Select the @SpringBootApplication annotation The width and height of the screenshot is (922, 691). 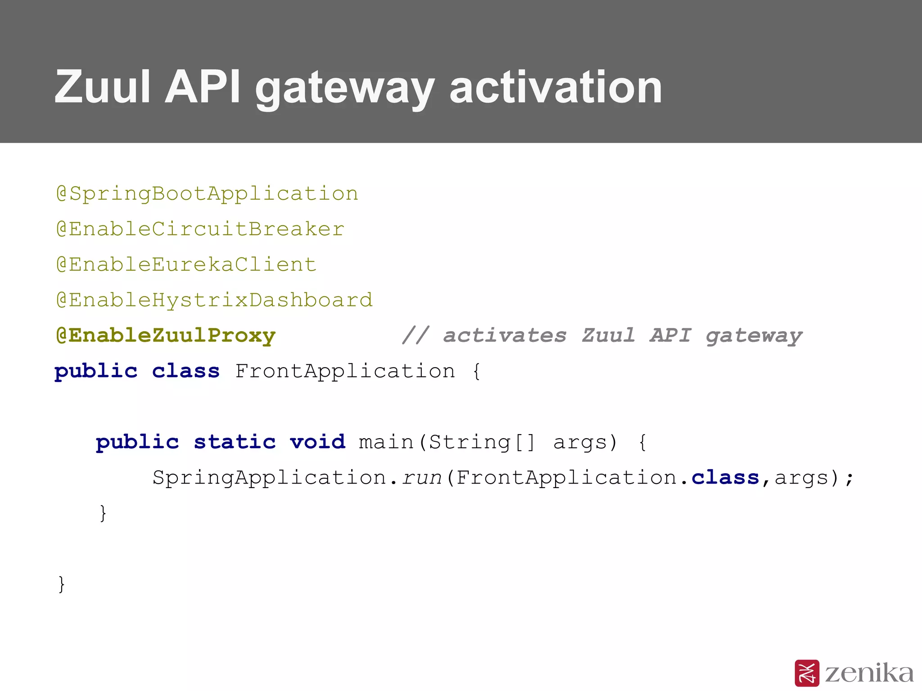pos(207,194)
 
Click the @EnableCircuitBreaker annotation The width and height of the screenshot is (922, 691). pos(200,229)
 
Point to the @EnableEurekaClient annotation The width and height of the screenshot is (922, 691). pos(186,265)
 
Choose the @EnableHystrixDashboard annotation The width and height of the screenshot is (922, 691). pos(214,300)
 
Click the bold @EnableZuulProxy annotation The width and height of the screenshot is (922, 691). pos(166,336)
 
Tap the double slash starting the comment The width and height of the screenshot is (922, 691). pos(416,336)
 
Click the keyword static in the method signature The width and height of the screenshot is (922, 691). pos(235,442)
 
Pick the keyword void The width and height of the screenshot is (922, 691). pos(318,442)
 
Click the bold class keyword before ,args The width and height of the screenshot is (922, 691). pos(725,478)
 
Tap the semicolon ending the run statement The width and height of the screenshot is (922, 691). pos(849,479)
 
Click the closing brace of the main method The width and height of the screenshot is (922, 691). pos(103,513)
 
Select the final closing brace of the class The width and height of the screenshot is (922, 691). pos(62,584)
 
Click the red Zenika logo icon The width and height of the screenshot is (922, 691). pos(807,673)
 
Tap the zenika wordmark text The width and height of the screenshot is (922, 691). pos(869,673)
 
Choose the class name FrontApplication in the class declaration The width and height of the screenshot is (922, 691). pos(345,372)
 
